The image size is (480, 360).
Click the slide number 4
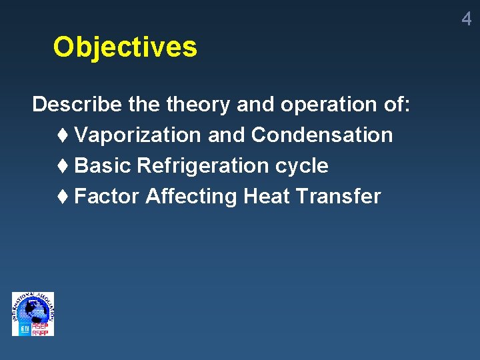(x=466, y=19)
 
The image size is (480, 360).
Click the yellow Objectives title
(x=125, y=47)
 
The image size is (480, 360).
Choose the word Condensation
(x=322, y=135)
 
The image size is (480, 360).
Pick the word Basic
(x=103, y=165)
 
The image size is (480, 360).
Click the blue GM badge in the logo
(x=25, y=329)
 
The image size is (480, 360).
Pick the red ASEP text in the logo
(x=41, y=326)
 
